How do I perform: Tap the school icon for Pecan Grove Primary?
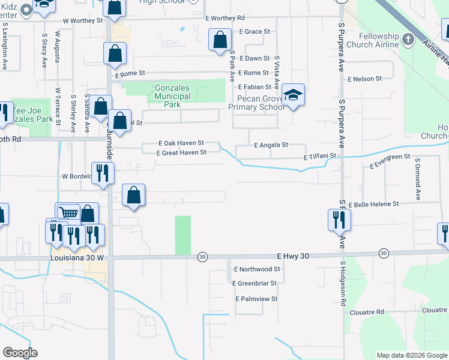(x=293, y=95)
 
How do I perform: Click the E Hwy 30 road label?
(x=294, y=256)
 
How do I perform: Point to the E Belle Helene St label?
(x=373, y=205)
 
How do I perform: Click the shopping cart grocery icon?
(x=68, y=212)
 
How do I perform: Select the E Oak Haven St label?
(x=181, y=143)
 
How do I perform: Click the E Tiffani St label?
(x=319, y=156)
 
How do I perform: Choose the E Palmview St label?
(x=256, y=298)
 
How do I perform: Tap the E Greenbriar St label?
(x=256, y=283)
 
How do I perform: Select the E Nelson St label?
(x=364, y=79)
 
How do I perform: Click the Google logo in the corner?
(x=20, y=353)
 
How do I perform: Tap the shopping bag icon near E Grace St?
(x=220, y=40)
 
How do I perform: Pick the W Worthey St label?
(x=83, y=20)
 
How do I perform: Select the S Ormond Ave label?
(x=417, y=180)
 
